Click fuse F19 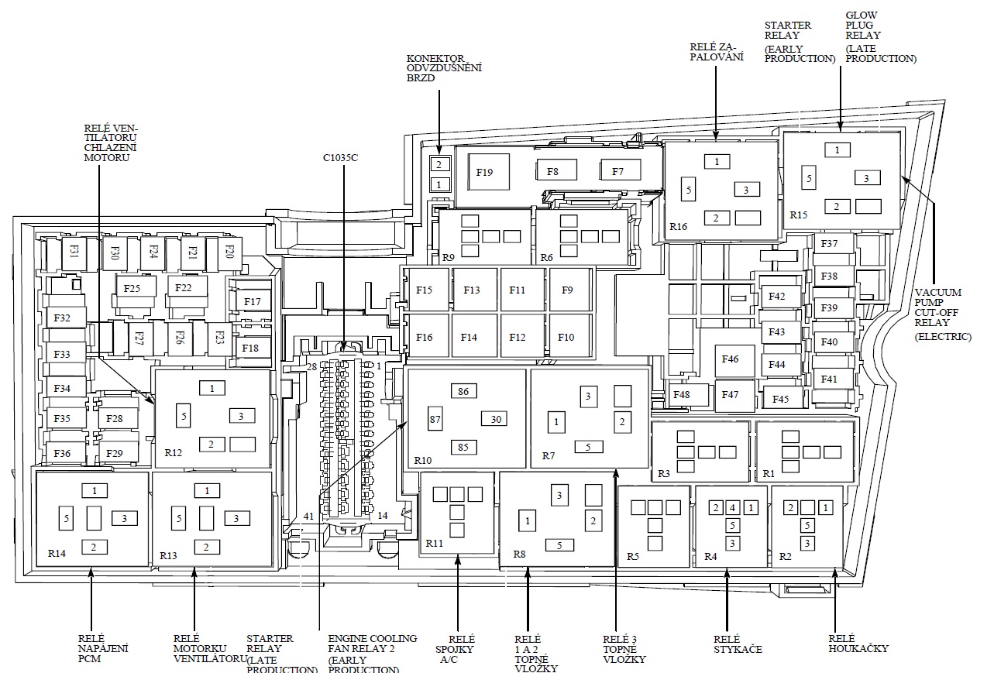484,172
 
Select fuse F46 730,359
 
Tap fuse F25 132,289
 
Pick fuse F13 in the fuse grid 471,290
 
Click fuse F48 682,395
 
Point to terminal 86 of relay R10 463,392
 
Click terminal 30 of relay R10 495,419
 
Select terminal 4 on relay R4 731,508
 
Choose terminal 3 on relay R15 867,178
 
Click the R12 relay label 174,453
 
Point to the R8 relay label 519,555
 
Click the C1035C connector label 341,159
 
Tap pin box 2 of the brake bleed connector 439,164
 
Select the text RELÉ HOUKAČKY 858,644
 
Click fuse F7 617,171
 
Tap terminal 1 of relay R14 95,490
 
